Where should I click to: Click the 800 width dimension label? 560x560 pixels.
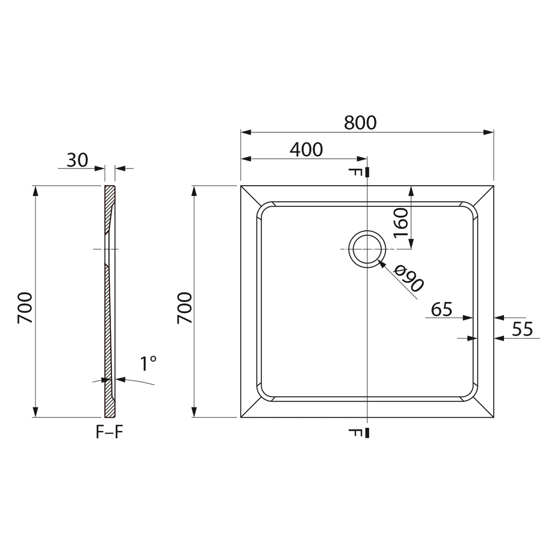[x=360, y=122]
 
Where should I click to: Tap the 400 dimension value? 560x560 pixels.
[x=306, y=150]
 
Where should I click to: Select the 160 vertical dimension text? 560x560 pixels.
[x=401, y=223]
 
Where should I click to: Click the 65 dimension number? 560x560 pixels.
[x=442, y=309]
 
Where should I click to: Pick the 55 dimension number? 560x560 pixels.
[x=522, y=329]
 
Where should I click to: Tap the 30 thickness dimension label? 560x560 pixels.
[x=77, y=160]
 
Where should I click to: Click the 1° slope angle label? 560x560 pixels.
[x=148, y=363]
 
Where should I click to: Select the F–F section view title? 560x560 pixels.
[x=109, y=432]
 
